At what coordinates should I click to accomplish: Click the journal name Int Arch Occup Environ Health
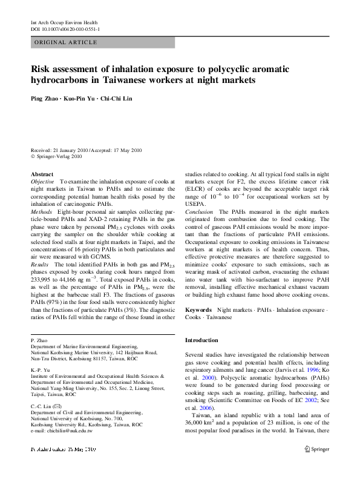coord(65,22)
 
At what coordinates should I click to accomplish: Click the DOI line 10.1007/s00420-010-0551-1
coord(65,29)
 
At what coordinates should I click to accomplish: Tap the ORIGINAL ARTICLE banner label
coord(66,42)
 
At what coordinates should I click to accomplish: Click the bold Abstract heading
coord(42,174)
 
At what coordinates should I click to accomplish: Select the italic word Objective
coord(42,182)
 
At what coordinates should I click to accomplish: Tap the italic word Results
coord(40,265)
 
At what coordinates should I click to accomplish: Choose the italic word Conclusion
coord(199,212)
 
